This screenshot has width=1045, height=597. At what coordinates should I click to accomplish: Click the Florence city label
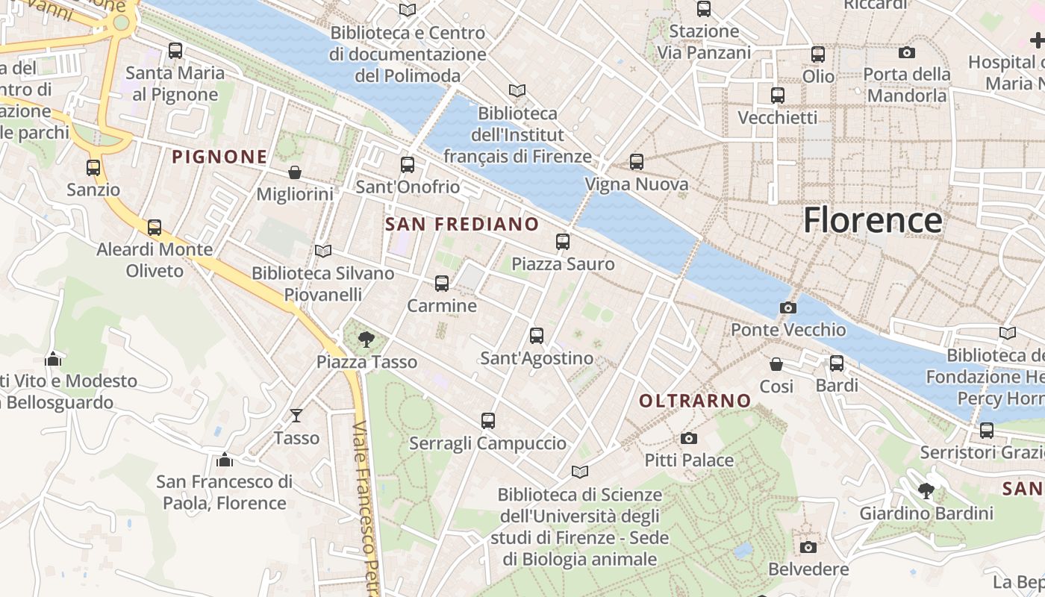(x=872, y=220)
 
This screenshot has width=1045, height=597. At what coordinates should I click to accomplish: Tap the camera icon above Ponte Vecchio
(x=787, y=307)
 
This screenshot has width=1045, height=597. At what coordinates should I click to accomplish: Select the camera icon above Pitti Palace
(x=688, y=438)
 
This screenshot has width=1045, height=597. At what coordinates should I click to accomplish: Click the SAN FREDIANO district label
(x=462, y=224)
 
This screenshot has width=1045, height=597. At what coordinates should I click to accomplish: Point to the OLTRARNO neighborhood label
(x=695, y=401)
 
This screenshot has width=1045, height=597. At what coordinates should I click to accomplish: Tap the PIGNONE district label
(x=219, y=157)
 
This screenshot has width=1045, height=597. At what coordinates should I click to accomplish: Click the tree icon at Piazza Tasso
(x=366, y=340)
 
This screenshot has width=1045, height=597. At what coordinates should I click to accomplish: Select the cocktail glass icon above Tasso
(x=296, y=416)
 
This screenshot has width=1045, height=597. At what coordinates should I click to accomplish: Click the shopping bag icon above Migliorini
(x=295, y=172)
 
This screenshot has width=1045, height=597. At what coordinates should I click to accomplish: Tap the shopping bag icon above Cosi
(x=776, y=364)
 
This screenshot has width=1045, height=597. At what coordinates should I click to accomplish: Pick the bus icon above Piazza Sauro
(x=563, y=242)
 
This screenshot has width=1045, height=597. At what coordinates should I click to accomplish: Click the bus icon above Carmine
(x=442, y=284)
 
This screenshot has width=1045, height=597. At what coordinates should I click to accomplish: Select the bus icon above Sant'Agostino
(x=537, y=336)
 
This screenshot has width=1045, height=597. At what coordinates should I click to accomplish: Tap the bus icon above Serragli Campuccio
(x=488, y=421)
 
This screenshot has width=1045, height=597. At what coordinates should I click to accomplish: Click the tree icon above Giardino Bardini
(x=926, y=491)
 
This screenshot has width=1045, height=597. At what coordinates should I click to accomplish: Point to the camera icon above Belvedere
(x=808, y=547)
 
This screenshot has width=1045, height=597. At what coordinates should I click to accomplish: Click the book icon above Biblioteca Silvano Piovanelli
(x=322, y=251)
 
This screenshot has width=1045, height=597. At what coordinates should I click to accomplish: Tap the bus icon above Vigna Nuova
(x=637, y=162)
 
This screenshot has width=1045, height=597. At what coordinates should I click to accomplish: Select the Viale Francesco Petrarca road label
(x=366, y=507)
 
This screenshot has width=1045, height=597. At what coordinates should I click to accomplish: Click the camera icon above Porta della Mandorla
(x=907, y=52)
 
